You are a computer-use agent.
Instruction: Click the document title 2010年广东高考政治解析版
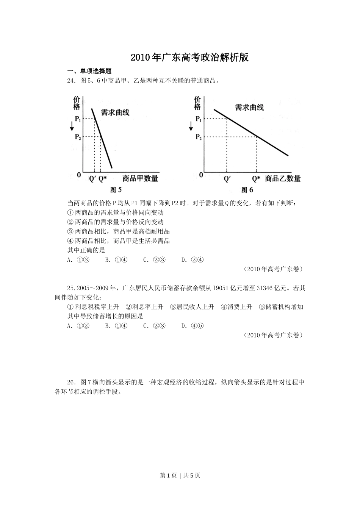[189, 58]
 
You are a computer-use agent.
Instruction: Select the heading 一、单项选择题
[89, 71]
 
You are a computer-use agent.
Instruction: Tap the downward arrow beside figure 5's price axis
[72, 128]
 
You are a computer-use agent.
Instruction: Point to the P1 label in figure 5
[78, 119]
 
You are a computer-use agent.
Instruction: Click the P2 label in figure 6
[198, 137]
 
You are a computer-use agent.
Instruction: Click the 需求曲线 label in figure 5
[115, 112]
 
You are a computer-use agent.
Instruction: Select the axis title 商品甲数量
[140, 178]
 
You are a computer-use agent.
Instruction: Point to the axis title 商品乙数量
[283, 178]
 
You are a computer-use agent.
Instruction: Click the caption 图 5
[116, 190]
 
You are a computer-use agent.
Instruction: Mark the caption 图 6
[247, 190]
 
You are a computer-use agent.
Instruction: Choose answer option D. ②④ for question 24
[193, 260]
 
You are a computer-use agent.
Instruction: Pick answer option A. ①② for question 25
[78, 326]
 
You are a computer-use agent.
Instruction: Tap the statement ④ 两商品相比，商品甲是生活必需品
[118, 241]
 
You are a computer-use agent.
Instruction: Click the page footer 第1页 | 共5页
[180, 476]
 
